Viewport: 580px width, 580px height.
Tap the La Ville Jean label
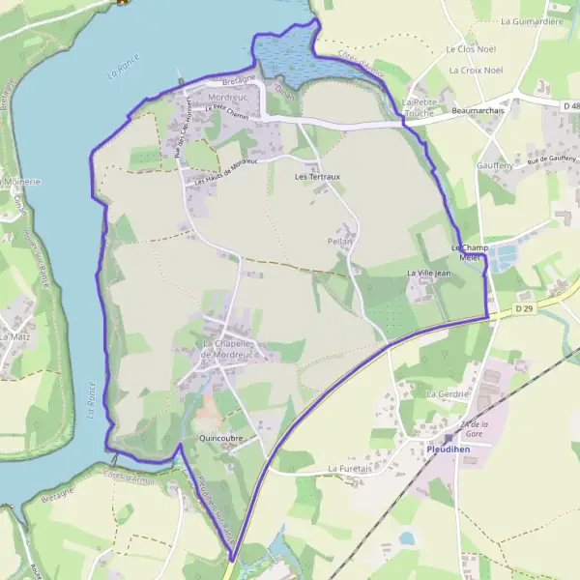point(428,274)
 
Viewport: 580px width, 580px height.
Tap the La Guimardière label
point(533,19)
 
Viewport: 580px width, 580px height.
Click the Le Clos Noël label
point(469,48)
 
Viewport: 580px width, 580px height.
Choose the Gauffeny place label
point(494,165)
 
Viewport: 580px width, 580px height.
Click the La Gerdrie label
point(448,394)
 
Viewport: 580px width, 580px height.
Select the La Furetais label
point(351,469)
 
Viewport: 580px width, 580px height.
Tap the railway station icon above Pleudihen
point(449,438)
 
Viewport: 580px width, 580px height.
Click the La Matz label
point(15,336)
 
